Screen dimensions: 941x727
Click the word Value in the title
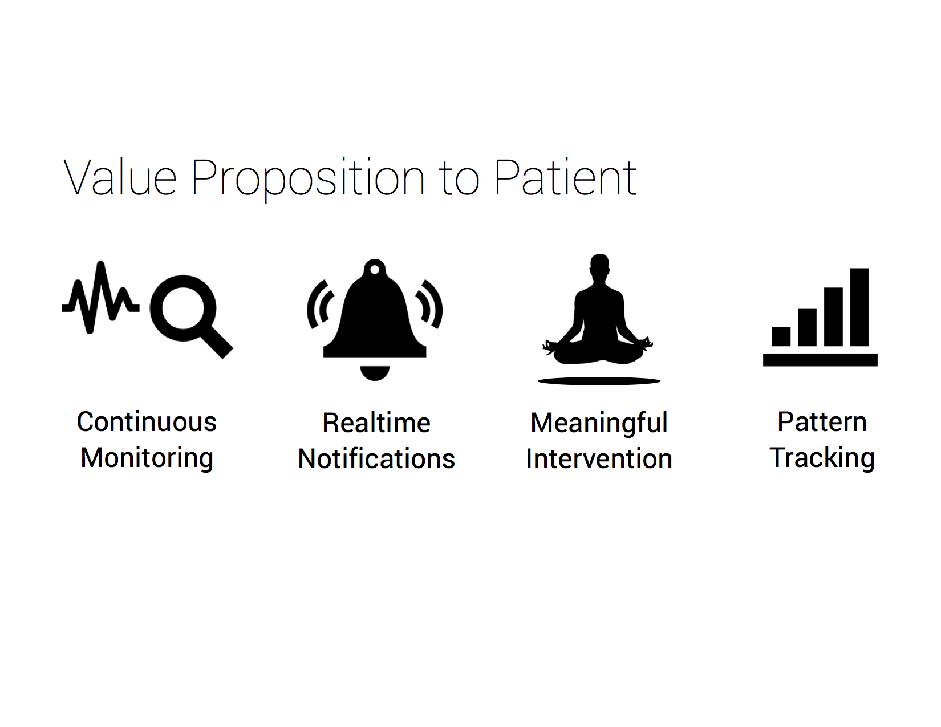point(120,177)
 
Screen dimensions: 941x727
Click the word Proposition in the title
point(308,179)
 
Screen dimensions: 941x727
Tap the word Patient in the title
point(565,177)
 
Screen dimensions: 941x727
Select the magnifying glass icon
point(191,316)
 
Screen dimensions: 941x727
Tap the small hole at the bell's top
point(375,270)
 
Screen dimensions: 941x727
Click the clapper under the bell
point(375,373)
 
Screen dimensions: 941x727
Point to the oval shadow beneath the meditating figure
point(599,381)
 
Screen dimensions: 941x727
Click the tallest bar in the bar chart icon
point(859,307)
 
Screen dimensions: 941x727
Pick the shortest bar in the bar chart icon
point(781,336)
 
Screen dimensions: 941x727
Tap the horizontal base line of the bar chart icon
point(820,360)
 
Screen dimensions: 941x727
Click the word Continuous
point(147,422)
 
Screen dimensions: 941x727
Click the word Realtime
point(376,423)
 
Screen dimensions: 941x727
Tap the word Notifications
point(376,458)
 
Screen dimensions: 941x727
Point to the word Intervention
point(599,458)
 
